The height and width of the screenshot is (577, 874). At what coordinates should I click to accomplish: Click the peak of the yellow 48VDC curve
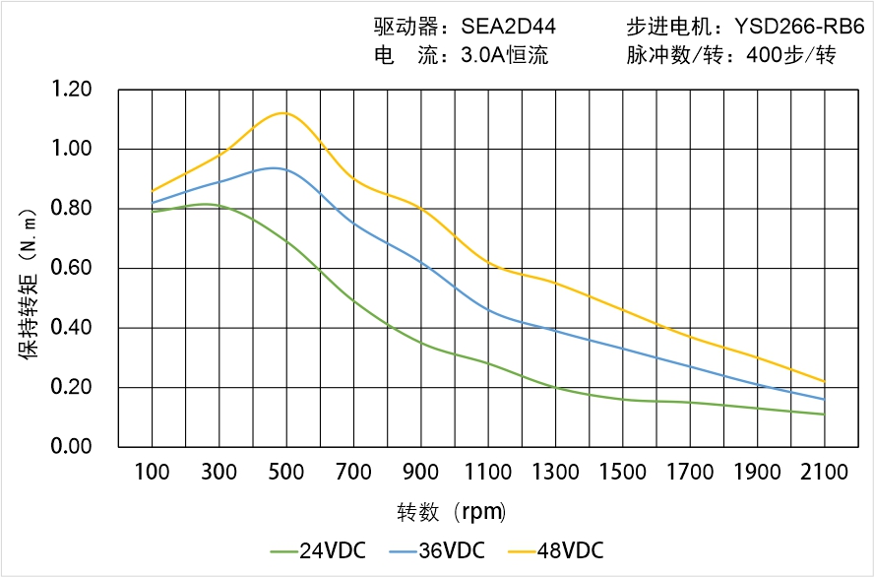tap(283, 113)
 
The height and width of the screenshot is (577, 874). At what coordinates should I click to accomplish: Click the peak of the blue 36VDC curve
tap(273, 168)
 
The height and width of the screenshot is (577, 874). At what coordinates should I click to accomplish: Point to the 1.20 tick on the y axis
tap(71, 91)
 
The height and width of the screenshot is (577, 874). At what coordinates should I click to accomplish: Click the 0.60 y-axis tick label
tap(71, 269)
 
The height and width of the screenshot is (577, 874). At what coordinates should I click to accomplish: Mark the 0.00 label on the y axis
tap(71, 447)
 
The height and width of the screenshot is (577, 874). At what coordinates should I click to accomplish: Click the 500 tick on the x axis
tap(285, 473)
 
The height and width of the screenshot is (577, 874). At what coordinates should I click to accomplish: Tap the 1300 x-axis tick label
tap(555, 473)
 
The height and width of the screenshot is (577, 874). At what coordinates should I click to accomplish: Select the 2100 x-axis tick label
tap(824, 473)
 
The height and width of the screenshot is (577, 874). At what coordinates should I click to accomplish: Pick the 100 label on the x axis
tap(152, 473)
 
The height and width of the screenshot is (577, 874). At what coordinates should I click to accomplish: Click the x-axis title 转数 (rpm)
tap(451, 513)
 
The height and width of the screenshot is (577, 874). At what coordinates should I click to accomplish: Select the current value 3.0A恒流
tap(504, 56)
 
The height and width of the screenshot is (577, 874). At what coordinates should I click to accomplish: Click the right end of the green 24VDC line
tap(824, 415)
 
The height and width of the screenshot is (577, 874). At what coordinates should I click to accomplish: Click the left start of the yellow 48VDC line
tap(152, 191)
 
